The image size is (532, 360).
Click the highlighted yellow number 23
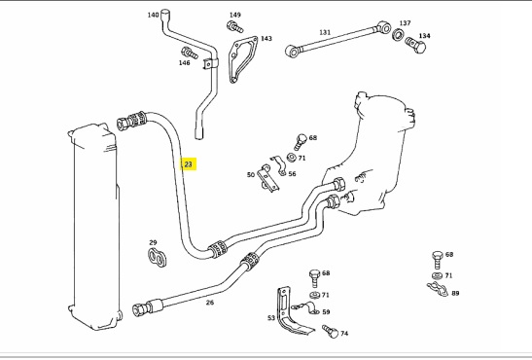189,164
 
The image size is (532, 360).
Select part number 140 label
153,16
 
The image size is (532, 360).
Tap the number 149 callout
234,15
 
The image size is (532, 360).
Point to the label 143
266,39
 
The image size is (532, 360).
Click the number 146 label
184,63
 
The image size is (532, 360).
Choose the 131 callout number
325,32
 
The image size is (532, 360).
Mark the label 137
406,22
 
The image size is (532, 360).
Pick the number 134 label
424,36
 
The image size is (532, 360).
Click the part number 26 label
210,302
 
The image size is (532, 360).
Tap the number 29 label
153,242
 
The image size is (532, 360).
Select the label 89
455,293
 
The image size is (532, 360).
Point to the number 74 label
343,333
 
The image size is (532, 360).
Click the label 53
271,317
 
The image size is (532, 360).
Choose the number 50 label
250,175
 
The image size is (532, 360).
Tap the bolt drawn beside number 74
327,332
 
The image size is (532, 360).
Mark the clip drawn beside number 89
438,286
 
